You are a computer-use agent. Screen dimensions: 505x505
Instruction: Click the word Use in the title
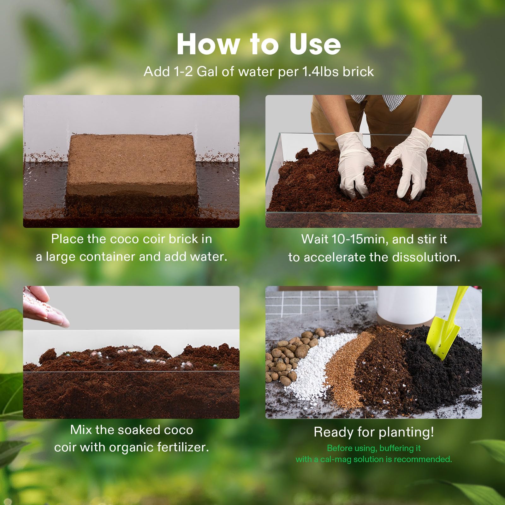[x=315, y=44]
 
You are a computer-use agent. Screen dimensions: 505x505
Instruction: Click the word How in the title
[x=208, y=44]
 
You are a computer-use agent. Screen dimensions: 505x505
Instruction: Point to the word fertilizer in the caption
[x=183, y=448]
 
